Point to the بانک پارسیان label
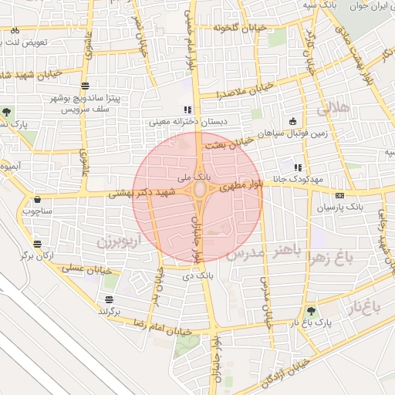tap(340, 208)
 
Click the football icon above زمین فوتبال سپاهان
tap(292, 121)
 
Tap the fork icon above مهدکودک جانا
tap(298, 167)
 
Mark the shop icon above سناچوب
tap(37, 199)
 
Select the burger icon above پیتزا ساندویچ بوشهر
tap(84, 86)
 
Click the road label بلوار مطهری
tap(242, 186)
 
